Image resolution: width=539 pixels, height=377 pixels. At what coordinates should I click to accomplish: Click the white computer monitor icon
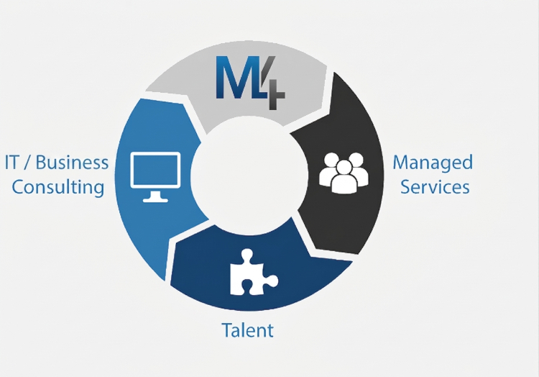tap(155, 177)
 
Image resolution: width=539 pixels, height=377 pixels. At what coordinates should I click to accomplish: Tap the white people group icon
tap(344, 173)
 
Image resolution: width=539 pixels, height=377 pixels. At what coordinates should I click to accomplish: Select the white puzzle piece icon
tap(254, 272)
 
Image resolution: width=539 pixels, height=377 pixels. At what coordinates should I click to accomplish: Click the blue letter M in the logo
tap(238, 78)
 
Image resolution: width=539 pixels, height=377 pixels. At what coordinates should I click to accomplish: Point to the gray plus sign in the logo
tap(273, 96)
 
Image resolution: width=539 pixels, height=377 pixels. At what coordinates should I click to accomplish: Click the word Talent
tap(247, 330)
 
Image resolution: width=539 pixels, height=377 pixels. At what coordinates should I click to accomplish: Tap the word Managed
tap(433, 163)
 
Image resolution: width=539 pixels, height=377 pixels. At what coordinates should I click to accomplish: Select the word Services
tap(435, 187)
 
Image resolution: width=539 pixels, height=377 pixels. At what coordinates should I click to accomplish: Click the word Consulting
tap(58, 188)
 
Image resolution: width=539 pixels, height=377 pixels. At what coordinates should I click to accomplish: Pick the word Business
tap(72, 163)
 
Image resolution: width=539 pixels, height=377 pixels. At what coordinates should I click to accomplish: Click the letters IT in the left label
tap(13, 163)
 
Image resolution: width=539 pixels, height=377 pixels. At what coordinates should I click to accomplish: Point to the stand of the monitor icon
tap(155, 197)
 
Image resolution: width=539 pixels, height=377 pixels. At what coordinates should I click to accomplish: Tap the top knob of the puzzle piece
tap(247, 255)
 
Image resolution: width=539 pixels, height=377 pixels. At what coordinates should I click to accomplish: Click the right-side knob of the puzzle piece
tap(272, 281)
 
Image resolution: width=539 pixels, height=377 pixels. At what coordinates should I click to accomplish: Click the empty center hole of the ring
tap(249, 176)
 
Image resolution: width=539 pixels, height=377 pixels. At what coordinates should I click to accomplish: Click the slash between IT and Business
tap(29, 163)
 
